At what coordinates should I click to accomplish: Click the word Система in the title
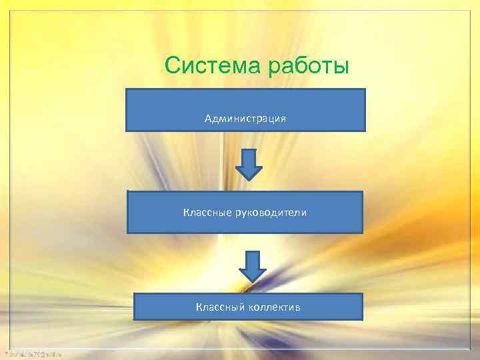coord(212,66)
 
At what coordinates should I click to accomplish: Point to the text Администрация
coord(245,119)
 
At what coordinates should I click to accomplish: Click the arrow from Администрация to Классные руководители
coord(249,164)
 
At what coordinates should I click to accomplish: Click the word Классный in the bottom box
coord(220,307)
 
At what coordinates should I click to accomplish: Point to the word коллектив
coord(274,307)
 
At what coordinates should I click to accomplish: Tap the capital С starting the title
coord(173,66)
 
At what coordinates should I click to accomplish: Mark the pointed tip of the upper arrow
coord(249,179)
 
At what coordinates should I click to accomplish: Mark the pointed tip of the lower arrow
coord(253,280)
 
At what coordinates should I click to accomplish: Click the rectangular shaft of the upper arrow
coord(249,158)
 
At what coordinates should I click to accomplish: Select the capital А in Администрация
coord(208,119)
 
